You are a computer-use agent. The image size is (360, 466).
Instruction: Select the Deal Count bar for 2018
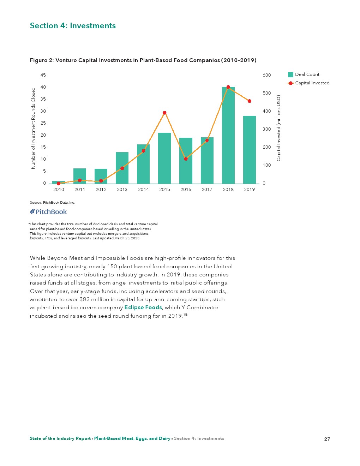(228, 138)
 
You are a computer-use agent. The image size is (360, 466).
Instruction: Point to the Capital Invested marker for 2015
(164, 113)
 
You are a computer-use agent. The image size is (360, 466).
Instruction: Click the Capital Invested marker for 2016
(186, 159)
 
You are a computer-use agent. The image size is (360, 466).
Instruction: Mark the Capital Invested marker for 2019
(249, 101)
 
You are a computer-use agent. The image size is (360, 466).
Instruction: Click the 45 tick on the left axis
(43, 75)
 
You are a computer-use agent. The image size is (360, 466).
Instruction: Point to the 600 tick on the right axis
(267, 75)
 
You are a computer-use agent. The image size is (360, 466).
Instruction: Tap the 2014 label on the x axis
(143, 190)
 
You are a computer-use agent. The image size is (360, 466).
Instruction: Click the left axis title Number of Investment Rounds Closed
(34, 128)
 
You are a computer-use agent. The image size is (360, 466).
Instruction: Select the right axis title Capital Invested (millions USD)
(278, 128)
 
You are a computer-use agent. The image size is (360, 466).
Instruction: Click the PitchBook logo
(48, 212)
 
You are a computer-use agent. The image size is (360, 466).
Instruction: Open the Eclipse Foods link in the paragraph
(143, 307)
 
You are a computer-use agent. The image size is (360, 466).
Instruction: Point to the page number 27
(327, 439)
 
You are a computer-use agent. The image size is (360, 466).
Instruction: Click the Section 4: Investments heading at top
(73, 26)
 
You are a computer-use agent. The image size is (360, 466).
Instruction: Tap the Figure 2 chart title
(143, 60)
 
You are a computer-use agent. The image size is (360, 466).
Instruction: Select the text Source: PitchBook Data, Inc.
(52, 203)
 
